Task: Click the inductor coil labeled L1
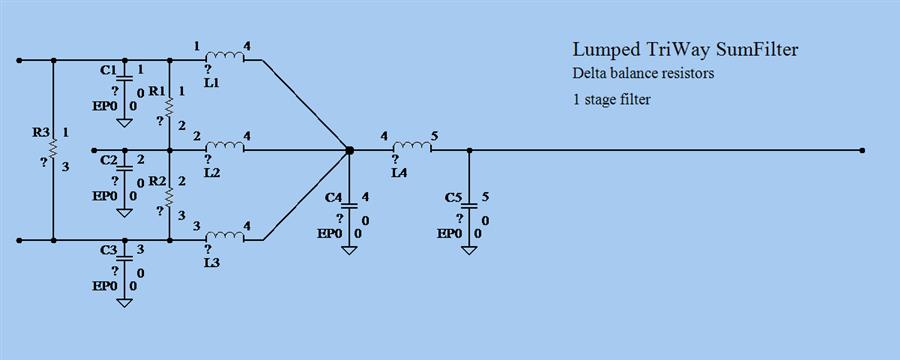coord(224,58)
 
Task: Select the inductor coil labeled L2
coord(224,149)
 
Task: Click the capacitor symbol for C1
coord(124,77)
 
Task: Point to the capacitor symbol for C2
coord(124,168)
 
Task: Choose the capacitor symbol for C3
coord(124,255)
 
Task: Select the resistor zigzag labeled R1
coord(170,104)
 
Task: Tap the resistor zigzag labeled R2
coord(170,195)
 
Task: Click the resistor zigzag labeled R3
coord(52,149)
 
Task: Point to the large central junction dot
coord(349,150)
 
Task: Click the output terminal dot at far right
coord(861,150)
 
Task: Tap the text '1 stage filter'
coord(612,100)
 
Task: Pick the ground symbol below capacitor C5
coord(469,247)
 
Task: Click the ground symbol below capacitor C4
coord(349,247)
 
